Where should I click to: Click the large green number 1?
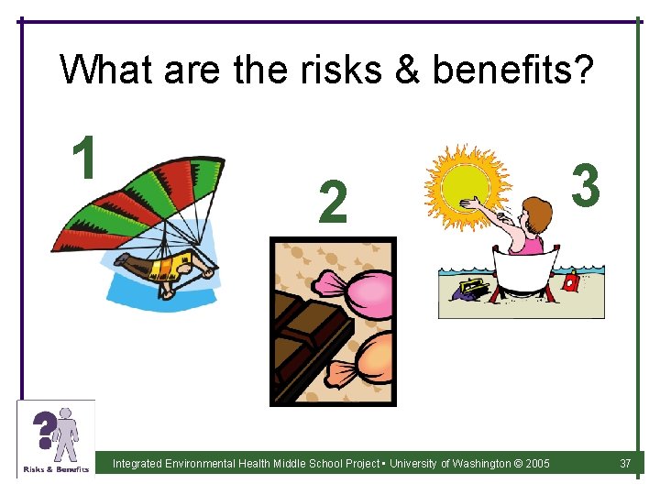point(84,157)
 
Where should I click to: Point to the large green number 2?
point(333,203)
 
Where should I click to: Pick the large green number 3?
point(585,183)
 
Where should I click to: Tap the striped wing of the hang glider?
point(137,202)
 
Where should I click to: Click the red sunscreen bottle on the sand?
point(571,282)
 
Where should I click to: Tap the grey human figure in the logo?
point(66,434)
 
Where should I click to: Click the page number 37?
point(625,464)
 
